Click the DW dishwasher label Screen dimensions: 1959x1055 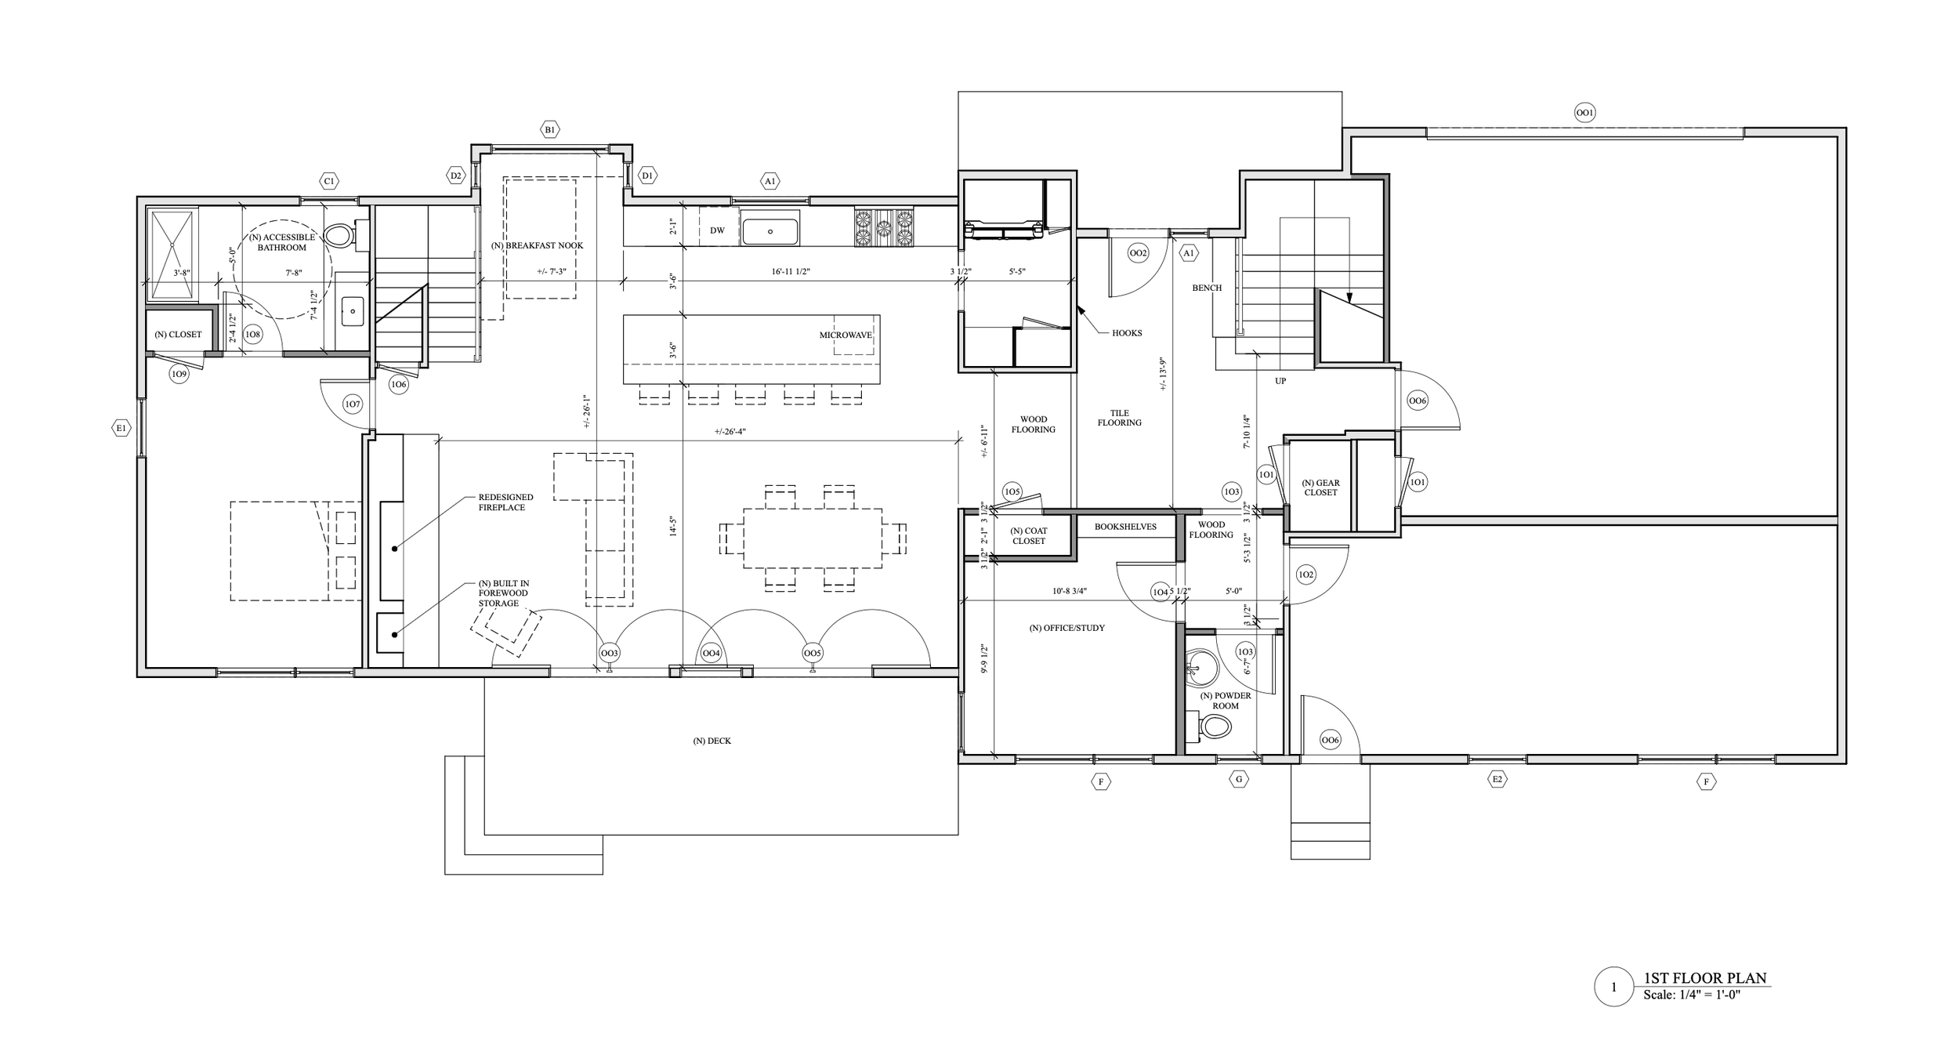pyautogui.click(x=717, y=230)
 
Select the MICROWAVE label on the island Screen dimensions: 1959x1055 pyautogui.click(x=846, y=335)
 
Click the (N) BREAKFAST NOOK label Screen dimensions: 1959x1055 pyautogui.click(x=537, y=245)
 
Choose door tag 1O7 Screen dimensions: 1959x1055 pyautogui.click(x=353, y=404)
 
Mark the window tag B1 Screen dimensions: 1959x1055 pyautogui.click(x=550, y=129)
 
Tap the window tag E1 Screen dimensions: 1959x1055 pyautogui.click(x=121, y=428)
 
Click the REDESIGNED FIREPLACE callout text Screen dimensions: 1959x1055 pyautogui.click(x=505, y=502)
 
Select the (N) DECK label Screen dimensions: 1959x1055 pyautogui.click(x=712, y=741)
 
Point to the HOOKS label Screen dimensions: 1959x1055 pyautogui.click(x=1127, y=333)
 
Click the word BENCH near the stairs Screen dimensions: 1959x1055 pyautogui.click(x=1207, y=288)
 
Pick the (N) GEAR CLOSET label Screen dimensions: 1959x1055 pyautogui.click(x=1320, y=488)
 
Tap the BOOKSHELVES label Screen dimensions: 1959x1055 pyautogui.click(x=1125, y=527)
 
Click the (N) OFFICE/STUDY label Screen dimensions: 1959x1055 pyautogui.click(x=1066, y=628)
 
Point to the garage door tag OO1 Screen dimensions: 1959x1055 pyautogui.click(x=1584, y=114)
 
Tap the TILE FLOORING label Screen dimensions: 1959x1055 pyautogui.click(x=1119, y=418)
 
